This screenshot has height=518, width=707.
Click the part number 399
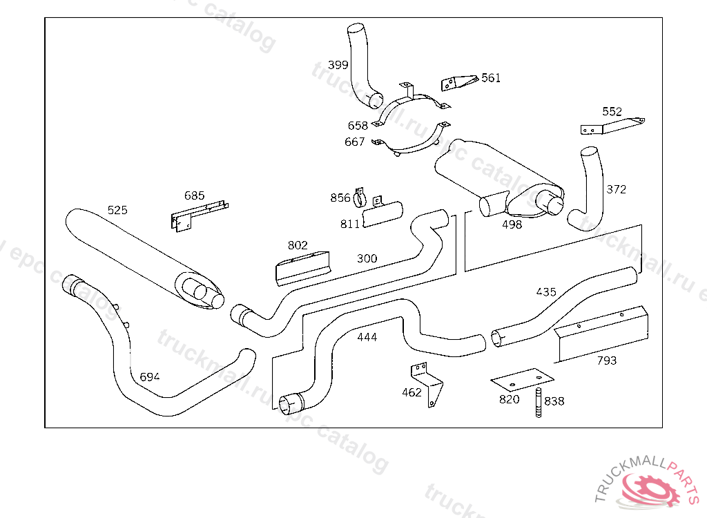(x=338, y=65)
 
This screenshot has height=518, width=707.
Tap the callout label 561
(x=491, y=78)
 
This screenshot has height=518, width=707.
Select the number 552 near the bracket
(x=612, y=111)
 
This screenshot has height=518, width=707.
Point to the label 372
(x=616, y=189)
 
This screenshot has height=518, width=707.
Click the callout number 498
(x=512, y=224)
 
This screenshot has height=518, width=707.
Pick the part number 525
(x=117, y=210)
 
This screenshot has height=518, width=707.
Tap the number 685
(x=194, y=196)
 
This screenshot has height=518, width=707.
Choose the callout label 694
(x=149, y=377)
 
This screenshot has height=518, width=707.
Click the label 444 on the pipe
(x=367, y=337)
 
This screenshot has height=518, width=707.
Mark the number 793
(x=606, y=361)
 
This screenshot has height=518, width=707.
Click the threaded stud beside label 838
(x=539, y=402)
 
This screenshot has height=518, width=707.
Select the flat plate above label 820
(x=522, y=379)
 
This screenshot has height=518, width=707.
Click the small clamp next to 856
(x=359, y=197)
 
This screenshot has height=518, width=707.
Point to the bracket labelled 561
(x=459, y=83)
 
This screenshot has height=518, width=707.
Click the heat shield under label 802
(x=302, y=269)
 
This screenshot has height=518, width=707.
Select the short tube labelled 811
(x=382, y=214)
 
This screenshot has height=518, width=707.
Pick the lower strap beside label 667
(x=411, y=140)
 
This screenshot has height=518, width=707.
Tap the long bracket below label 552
(x=613, y=126)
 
